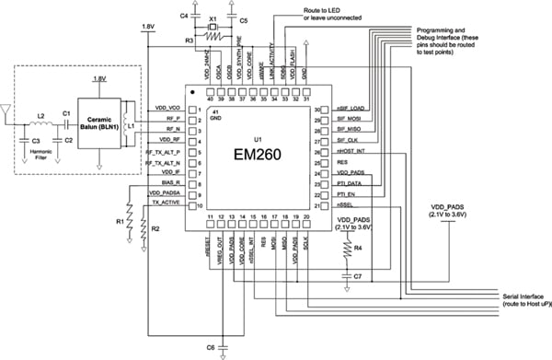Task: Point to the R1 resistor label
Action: pyautogui.click(x=119, y=223)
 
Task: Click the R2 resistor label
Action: pyautogui.click(x=155, y=227)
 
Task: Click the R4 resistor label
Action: pyautogui.click(x=360, y=249)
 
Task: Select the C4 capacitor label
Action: pyautogui.click(x=184, y=17)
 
